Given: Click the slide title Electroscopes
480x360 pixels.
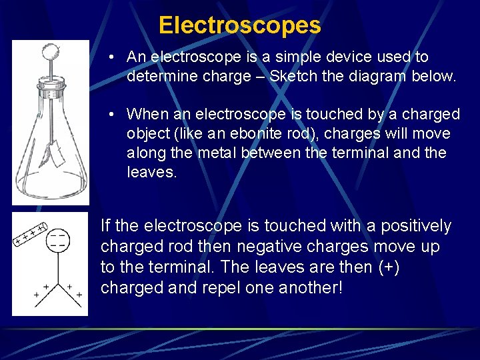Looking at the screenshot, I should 239,25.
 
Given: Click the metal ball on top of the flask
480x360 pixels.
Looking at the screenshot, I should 50,50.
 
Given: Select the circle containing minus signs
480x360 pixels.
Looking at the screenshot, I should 58,240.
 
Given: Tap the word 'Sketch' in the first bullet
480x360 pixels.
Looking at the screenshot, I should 293,76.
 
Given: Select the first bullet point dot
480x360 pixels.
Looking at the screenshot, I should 115,57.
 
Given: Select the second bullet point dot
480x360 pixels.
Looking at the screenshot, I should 115,114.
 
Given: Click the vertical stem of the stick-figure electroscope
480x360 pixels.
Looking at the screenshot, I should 58,267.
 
